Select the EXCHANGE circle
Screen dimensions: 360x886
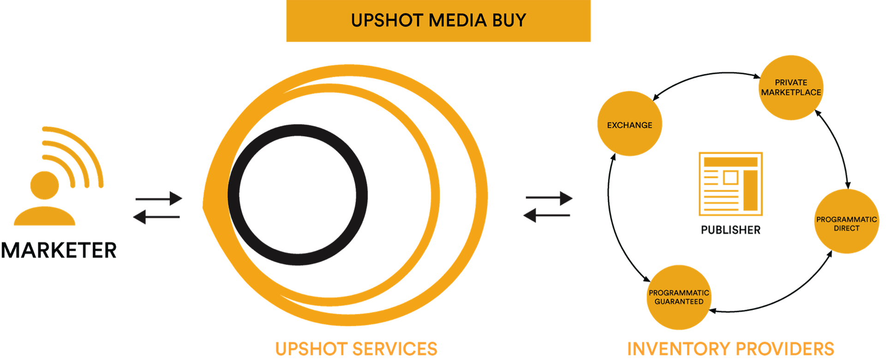tap(629, 124)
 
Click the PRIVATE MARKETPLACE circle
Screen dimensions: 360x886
tap(791, 88)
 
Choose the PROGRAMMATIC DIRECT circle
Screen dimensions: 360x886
tap(846, 222)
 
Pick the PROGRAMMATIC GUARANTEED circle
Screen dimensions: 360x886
tap(679, 297)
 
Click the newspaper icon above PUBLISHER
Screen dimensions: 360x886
tap(730, 184)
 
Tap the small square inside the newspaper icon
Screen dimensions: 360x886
tap(730, 177)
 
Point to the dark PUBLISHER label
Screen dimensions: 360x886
tap(730, 229)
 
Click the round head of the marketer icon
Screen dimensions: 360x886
tap(44, 185)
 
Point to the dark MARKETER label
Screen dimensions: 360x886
tap(59, 250)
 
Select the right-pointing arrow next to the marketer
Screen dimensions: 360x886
tap(159, 199)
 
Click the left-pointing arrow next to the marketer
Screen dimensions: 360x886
tap(156, 216)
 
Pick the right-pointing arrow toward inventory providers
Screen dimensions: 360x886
tap(549, 198)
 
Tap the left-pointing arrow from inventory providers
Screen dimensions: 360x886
tap(547, 215)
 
